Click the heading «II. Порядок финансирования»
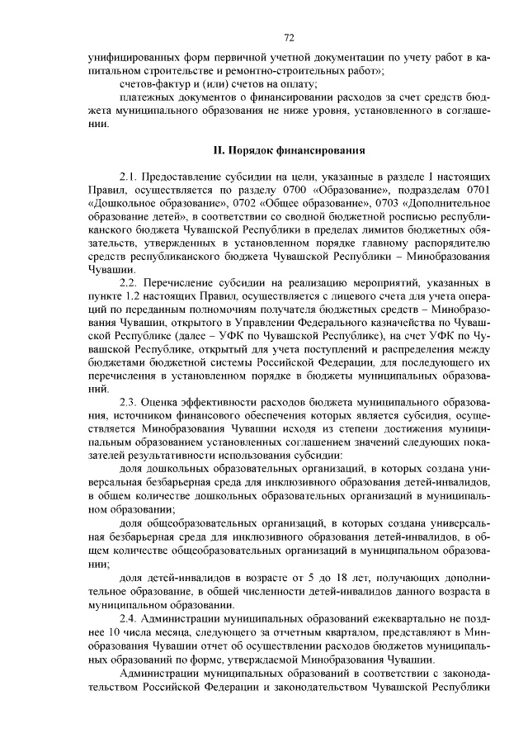pos(290,150)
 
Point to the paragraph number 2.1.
pos(131,177)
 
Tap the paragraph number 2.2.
pos(131,283)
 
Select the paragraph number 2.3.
pos(131,401)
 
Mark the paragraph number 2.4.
pos(131,617)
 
